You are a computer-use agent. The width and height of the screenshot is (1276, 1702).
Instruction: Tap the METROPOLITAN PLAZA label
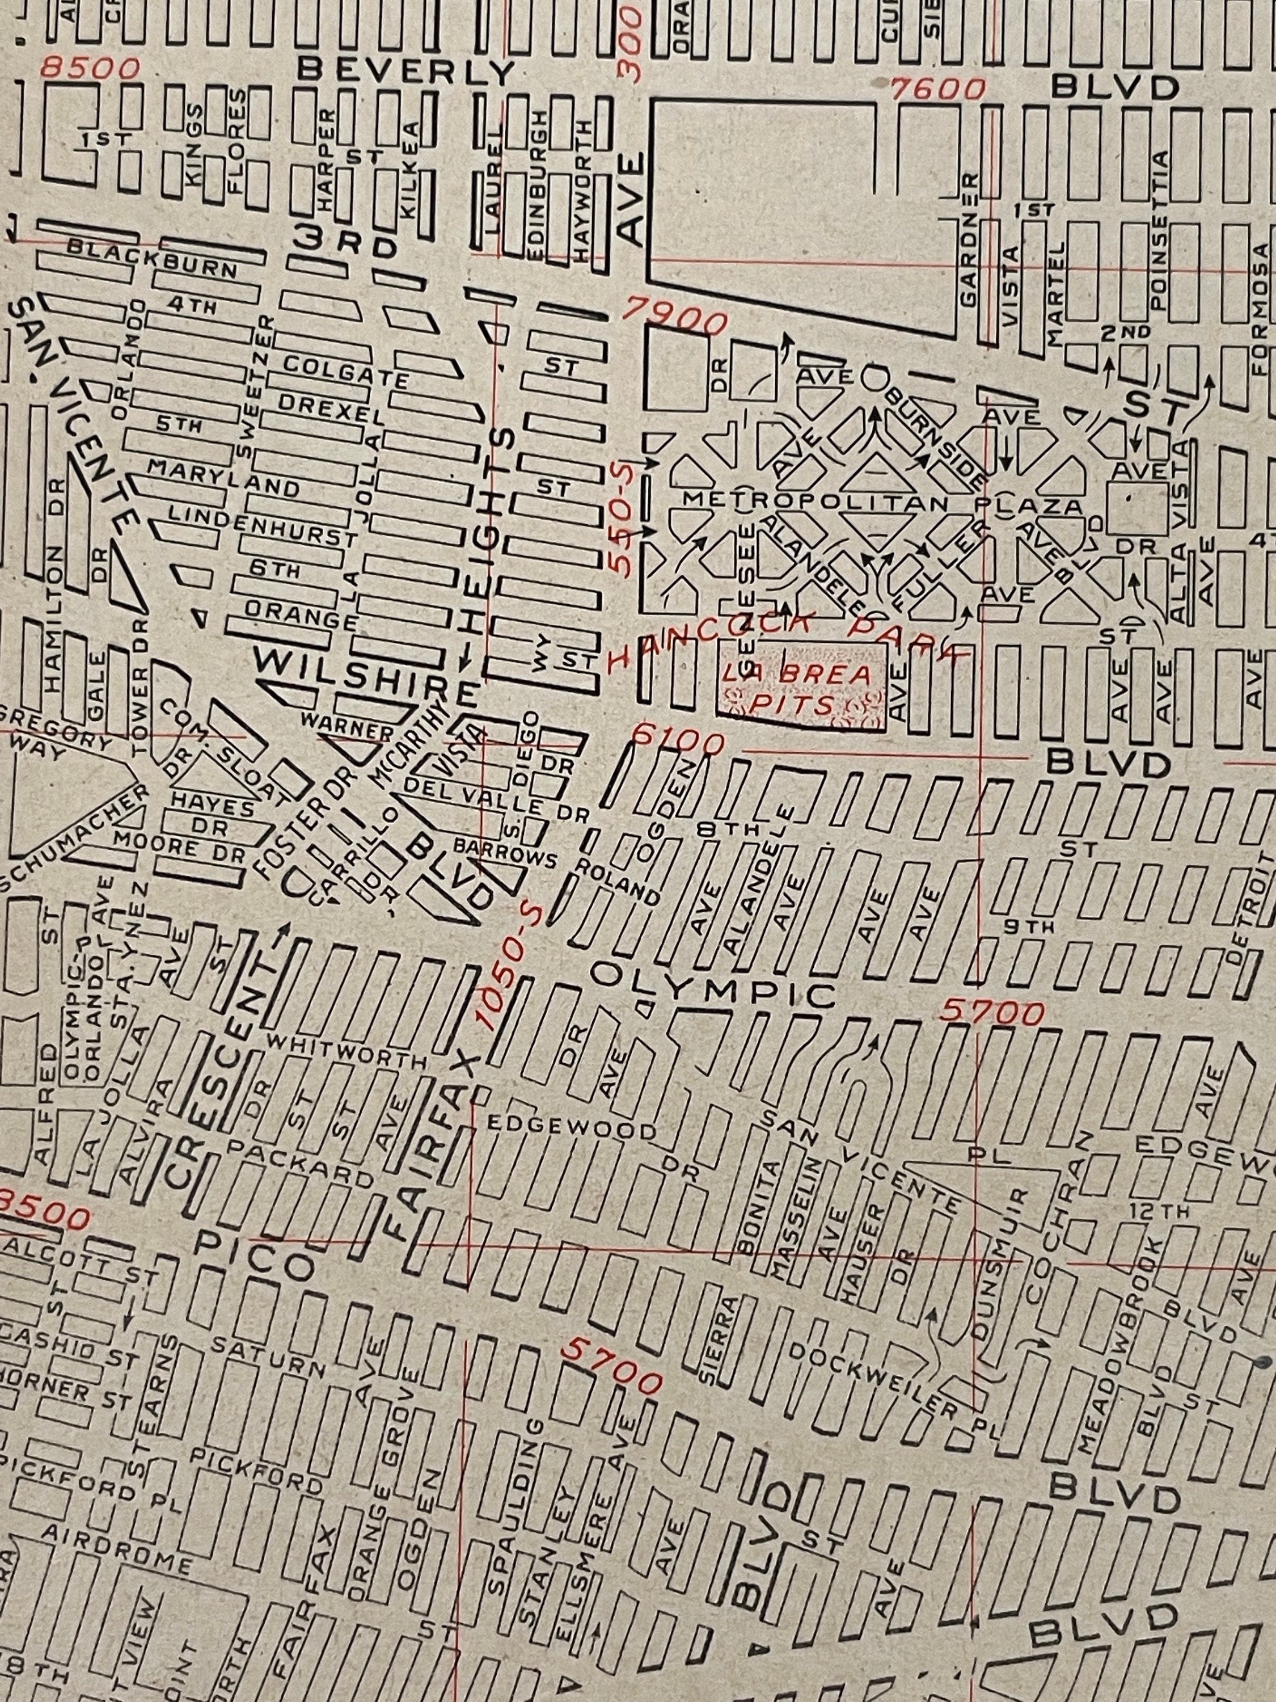[x=882, y=504]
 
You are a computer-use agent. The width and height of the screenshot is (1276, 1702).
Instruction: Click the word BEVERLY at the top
[x=405, y=71]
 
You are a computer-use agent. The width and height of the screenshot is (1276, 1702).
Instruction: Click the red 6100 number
[x=678, y=741]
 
